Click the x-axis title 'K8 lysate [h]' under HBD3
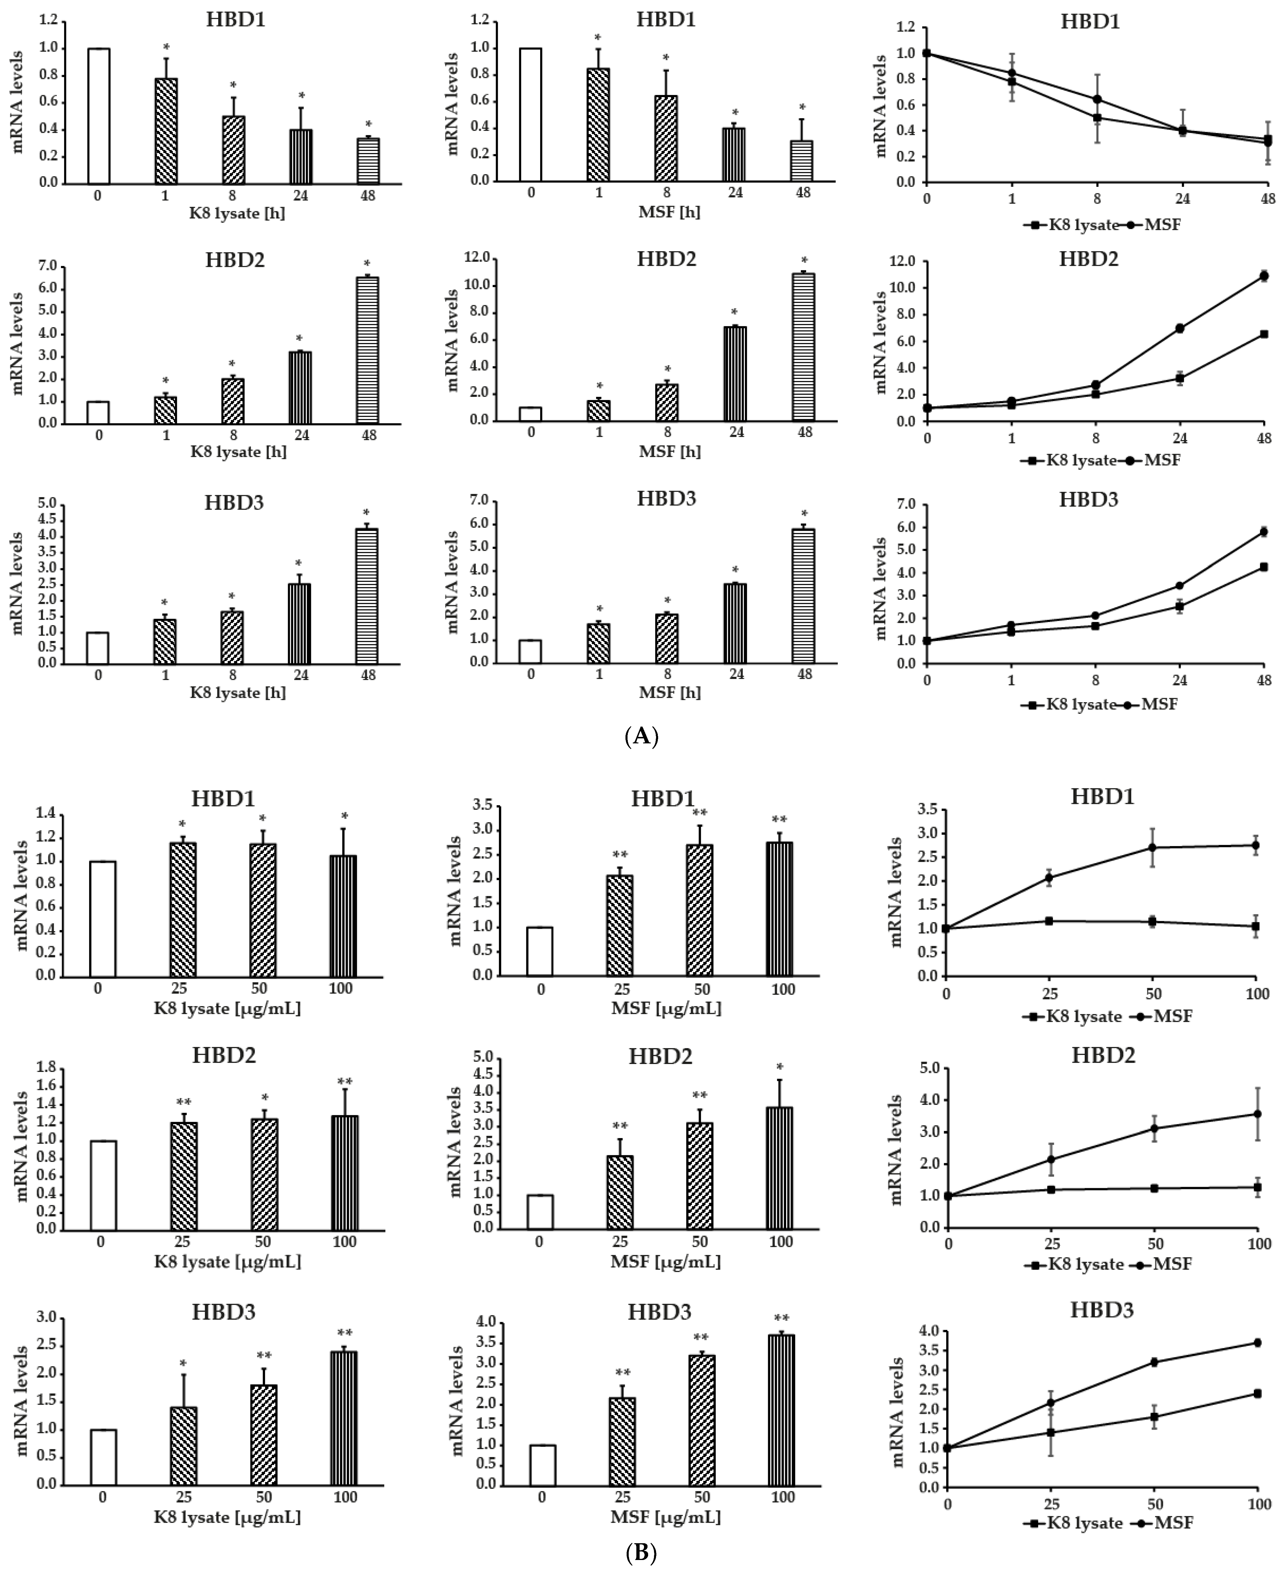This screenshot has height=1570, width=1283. [238, 693]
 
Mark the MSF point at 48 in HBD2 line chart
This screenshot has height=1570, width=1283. [1264, 276]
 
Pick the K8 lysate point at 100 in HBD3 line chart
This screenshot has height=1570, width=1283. [1257, 1393]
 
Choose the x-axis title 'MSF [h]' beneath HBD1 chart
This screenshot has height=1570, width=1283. [668, 212]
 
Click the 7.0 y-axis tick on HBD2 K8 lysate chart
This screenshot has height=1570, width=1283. [47, 265]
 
